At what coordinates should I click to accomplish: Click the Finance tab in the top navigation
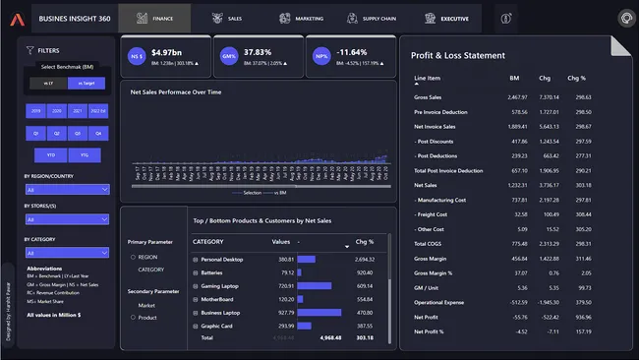point(161,18)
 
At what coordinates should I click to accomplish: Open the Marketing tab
point(301,18)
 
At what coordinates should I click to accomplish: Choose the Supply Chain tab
point(375,18)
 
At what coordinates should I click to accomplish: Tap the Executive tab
point(447,18)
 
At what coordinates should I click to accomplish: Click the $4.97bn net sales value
point(167,51)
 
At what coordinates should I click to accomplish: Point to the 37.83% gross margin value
point(259,51)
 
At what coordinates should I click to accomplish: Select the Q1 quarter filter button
point(35,132)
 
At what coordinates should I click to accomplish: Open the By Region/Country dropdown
point(66,190)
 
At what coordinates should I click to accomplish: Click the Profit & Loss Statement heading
point(458,56)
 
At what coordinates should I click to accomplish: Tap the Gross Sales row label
point(428,97)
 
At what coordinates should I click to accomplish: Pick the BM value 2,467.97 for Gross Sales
point(517,97)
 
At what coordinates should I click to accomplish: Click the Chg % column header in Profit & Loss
point(577,77)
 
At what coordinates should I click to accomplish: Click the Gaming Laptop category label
point(221,285)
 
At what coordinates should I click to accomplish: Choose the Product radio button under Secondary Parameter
point(133,317)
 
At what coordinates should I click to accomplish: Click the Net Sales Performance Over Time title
point(183,90)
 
